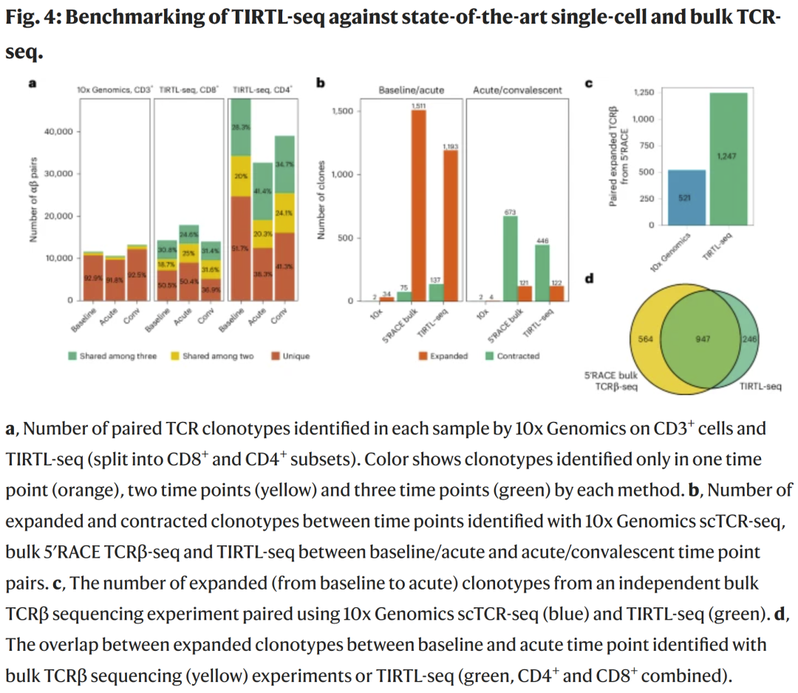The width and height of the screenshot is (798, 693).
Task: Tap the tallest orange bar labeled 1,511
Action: coord(418,205)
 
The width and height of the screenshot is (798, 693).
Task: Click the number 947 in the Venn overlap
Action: coord(702,339)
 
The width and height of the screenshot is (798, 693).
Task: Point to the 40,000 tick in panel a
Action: coord(59,132)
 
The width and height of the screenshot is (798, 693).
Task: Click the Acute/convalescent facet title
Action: coord(517,90)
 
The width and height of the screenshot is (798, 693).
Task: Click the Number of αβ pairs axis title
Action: coord(34,195)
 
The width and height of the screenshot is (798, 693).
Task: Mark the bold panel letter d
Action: coord(589,279)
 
